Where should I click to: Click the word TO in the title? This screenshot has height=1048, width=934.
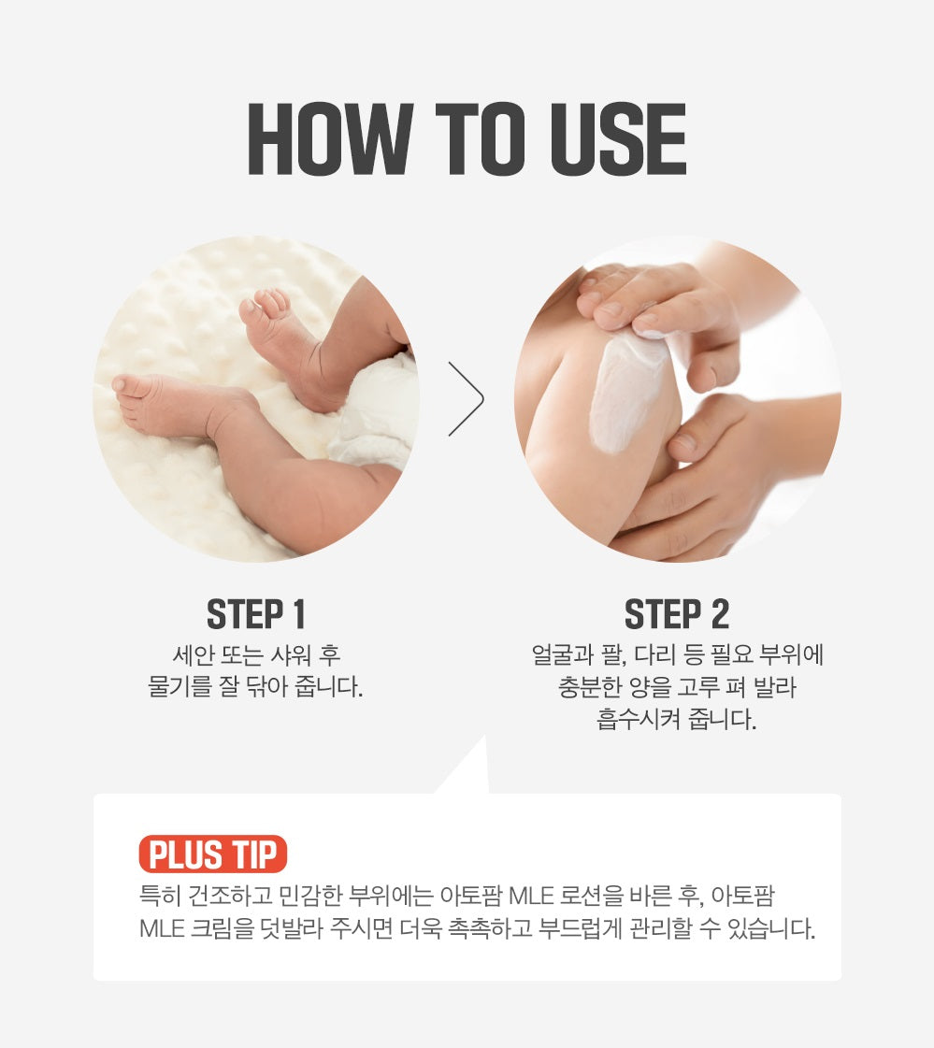click(x=481, y=139)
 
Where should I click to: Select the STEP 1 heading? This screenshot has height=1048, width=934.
click(x=256, y=614)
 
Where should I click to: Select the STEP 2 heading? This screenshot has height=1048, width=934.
click(x=677, y=614)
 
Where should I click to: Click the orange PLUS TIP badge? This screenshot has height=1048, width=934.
click(x=212, y=854)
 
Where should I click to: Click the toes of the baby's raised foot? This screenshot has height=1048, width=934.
click(x=267, y=303)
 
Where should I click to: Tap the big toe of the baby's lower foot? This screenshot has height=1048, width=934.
click(x=122, y=383)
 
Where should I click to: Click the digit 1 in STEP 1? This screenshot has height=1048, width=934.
click(x=298, y=614)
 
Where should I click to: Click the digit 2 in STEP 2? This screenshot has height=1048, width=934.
click(x=719, y=614)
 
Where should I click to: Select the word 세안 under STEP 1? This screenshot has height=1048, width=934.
click(x=194, y=654)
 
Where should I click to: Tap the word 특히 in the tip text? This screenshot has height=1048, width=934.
click(x=160, y=896)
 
